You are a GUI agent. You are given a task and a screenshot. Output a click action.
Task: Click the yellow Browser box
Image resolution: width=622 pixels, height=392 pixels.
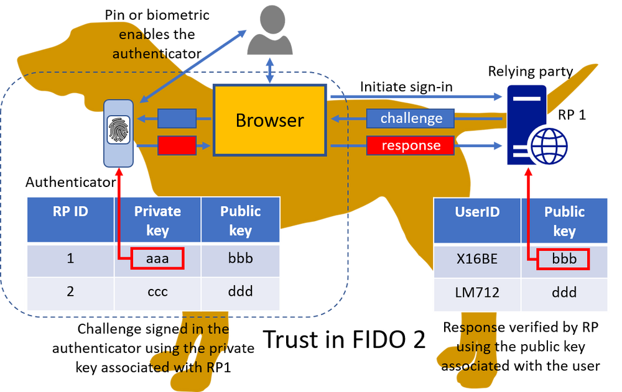[x=270, y=120]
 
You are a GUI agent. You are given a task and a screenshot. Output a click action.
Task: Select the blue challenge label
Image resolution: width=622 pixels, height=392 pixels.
[x=411, y=118]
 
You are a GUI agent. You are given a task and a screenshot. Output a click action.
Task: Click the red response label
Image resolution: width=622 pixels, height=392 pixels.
[x=411, y=146]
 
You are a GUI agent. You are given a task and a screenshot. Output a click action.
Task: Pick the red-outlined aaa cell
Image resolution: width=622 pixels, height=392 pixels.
[x=157, y=258]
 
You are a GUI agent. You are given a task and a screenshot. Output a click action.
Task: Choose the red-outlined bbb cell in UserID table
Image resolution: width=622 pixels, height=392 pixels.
[x=564, y=258]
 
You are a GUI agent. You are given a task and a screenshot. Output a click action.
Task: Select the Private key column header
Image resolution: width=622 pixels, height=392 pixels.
[x=157, y=220]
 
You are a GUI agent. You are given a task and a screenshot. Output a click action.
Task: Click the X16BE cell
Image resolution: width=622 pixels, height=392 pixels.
[x=477, y=259]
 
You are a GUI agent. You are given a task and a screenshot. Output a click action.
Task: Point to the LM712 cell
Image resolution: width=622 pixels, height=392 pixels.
[x=477, y=293]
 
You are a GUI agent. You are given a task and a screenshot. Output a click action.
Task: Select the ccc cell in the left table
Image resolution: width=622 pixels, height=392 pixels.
[x=157, y=291]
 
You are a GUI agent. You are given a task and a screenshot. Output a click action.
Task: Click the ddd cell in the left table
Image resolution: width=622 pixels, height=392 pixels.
[x=241, y=291]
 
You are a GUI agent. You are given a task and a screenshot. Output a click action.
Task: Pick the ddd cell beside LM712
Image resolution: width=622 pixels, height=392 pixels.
[x=564, y=293]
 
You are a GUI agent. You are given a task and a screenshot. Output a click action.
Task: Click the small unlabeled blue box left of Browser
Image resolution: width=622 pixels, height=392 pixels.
[x=177, y=118]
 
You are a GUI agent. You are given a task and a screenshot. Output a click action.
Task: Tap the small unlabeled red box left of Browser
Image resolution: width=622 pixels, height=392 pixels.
[x=177, y=145]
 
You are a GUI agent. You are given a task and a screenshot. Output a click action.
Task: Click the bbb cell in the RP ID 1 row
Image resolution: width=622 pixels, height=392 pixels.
[x=241, y=258]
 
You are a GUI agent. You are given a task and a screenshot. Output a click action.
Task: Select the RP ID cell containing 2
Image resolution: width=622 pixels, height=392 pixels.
[x=70, y=291]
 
